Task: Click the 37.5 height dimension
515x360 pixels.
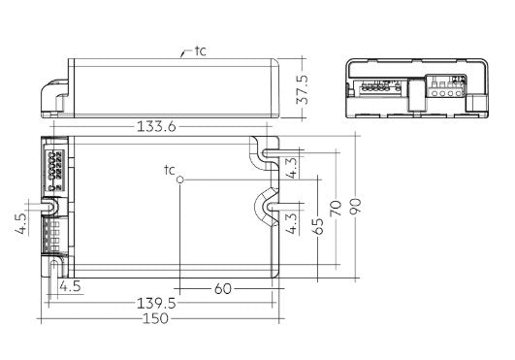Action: pos(303,89)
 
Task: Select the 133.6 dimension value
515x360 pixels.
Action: pos(156,127)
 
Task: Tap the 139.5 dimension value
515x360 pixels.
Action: pos(156,304)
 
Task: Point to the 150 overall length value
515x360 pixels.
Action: pos(156,318)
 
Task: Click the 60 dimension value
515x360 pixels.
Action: pos(223,289)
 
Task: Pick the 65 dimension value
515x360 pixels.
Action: pos(318,226)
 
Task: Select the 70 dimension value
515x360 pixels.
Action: pos(337,208)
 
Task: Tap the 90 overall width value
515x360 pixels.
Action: pos(355,207)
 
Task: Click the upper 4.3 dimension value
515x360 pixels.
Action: pos(292,168)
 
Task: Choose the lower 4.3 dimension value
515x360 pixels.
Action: pos(292,223)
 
